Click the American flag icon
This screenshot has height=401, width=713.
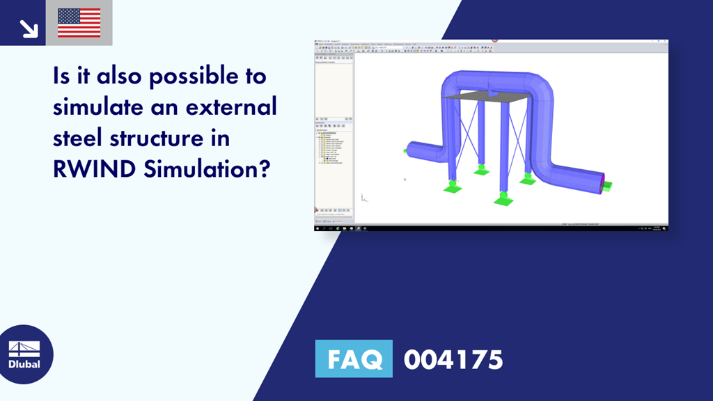tap(79, 22)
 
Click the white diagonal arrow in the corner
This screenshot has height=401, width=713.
tap(28, 27)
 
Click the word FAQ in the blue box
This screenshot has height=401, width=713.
tap(354, 359)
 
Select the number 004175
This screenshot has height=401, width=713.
tap(453, 360)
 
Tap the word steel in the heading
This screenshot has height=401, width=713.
tap(77, 138)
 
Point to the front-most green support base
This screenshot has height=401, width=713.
tap(503, 199)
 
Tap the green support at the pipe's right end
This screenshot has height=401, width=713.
tap(607, 184)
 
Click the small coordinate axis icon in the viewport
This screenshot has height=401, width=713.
tap(363, 198)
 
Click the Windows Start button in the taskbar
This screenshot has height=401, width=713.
tap(317, 228)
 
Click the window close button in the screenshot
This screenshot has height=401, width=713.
tap(665, 41)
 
